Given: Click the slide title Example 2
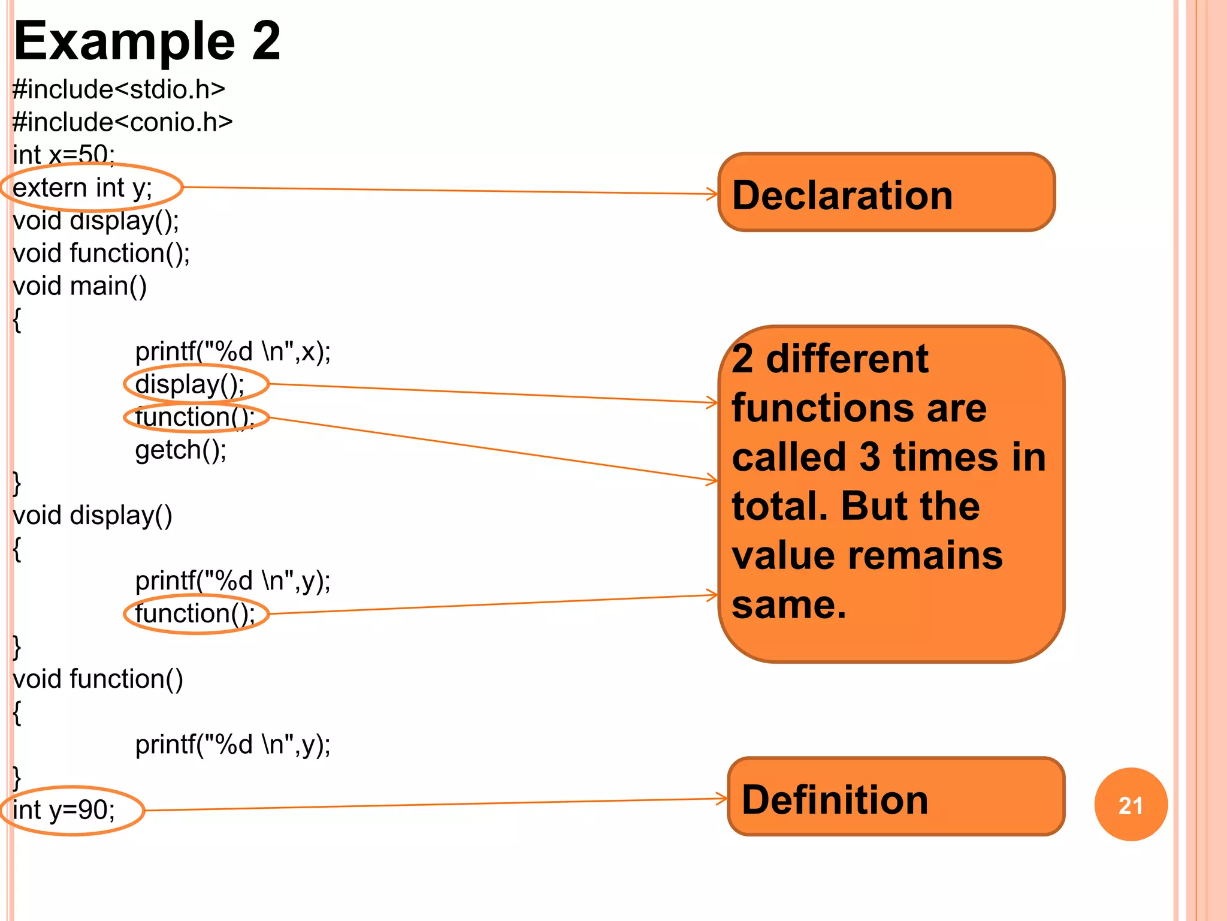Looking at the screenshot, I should click(x=147, y=41).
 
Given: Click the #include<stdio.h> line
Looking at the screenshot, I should click(x=119, y=89).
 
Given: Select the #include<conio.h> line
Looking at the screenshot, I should click(x=122, y=122).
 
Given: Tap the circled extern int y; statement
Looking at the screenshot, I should click(x=83, y=188).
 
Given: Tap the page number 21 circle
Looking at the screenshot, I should click(x=1130, y=805).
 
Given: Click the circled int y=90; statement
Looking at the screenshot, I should click(x=64, y=810).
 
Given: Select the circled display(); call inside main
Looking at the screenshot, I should click(x=189, y=384).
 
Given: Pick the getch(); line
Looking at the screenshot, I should click(x=180, y=450).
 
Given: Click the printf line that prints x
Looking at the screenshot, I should click(x=232, y=351).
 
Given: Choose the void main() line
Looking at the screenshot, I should click(x=80, y=286).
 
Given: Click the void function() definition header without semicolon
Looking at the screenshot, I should click(x=98, y=679).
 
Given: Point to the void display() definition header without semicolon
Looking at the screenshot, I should click(x=92, y=516).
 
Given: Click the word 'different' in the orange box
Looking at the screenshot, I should click(x=847, y=359).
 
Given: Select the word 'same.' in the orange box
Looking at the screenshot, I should click(x=789, y=604).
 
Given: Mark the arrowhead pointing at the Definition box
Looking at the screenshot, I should click(x=723, y=798).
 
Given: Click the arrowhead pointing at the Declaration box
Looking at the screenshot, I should click(x=712, y=194).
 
